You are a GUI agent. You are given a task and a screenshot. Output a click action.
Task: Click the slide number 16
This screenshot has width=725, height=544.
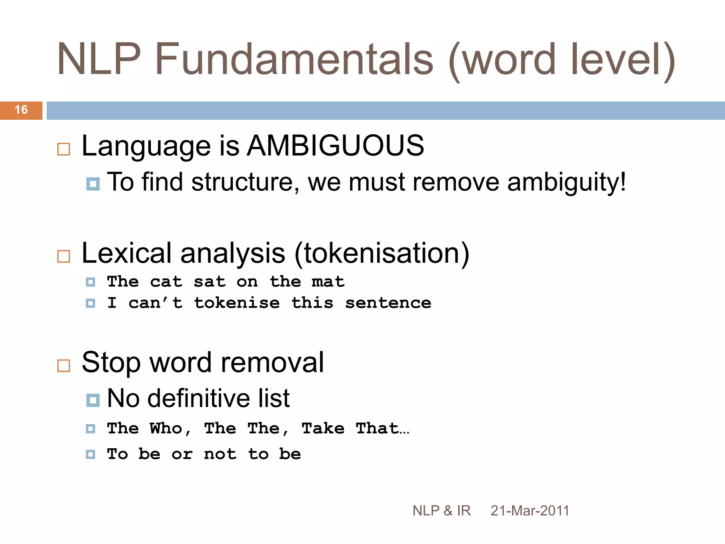[x=21, y=110]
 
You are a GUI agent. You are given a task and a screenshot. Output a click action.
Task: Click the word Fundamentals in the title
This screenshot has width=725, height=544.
[x=294, y=59]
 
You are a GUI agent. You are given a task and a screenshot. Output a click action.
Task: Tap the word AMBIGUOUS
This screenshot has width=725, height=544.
[x=335, y=146]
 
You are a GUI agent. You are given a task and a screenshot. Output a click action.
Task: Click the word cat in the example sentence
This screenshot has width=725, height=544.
[x=166, y=282]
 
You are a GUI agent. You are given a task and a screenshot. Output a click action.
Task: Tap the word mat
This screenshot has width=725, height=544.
[x=328, y=282]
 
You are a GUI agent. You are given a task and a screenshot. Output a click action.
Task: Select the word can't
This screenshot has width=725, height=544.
[x=155, y=303]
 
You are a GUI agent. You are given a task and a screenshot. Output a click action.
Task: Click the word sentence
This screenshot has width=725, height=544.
[x=388, y=303]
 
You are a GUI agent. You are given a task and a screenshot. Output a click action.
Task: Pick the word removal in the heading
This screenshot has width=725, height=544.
[x=272, y=362]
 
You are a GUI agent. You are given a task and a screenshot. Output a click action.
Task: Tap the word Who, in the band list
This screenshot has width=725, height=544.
[x=170, y=429]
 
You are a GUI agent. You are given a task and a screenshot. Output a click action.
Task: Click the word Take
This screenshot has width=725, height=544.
[x=323, y=429]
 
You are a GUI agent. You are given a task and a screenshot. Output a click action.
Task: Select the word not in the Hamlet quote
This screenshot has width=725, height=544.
[x=220, y=454]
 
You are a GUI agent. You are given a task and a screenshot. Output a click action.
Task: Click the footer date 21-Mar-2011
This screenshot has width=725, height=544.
[x=530, y=511]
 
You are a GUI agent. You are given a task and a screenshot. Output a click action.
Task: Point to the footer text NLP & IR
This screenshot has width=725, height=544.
[x=441, y=511]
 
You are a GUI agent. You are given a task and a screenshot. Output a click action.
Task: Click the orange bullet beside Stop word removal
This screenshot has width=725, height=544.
[x=64, y=365]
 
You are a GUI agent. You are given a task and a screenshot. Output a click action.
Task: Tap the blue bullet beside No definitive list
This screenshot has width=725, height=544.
[x=93, y=400]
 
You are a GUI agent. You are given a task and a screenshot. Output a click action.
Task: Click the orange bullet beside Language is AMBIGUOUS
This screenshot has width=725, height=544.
[x=64, y=149]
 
